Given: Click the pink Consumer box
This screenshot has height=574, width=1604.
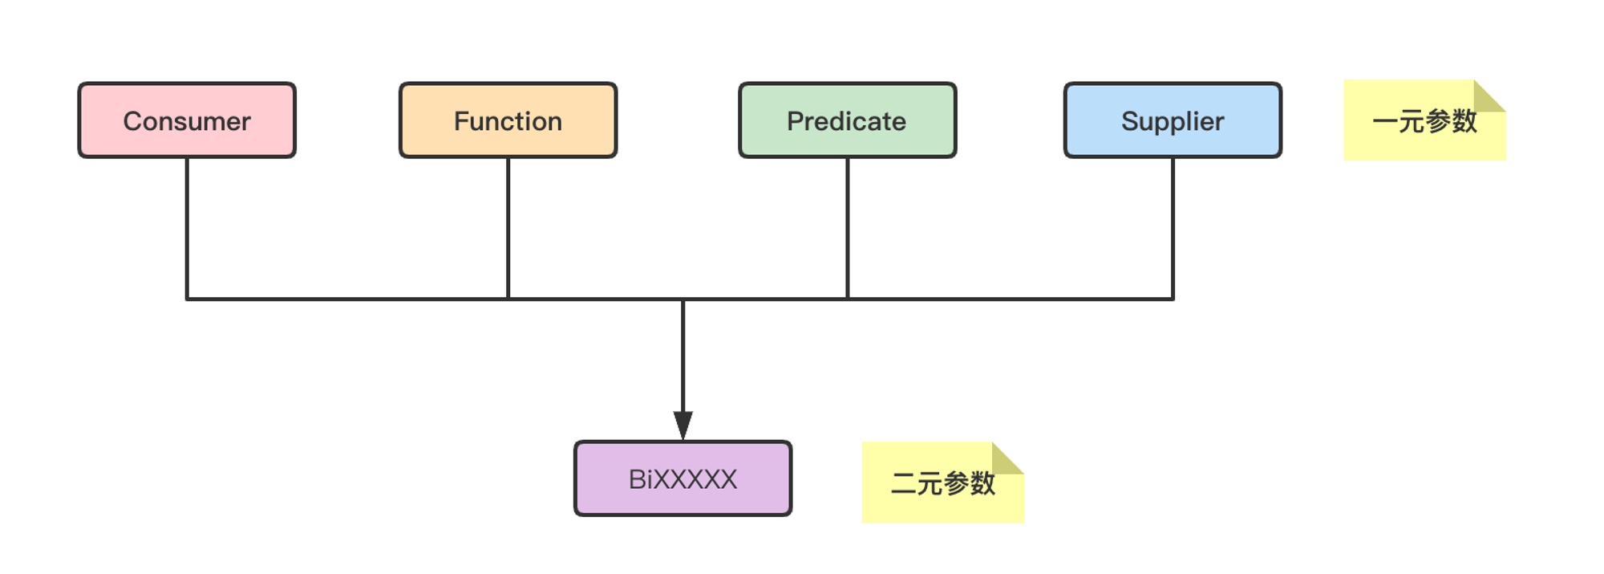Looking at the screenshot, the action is click(187, 120).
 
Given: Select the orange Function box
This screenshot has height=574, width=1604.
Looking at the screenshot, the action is click(508, 120).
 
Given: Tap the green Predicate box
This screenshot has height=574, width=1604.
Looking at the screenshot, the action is click(848, 120).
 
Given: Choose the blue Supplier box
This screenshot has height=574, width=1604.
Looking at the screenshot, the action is click(1173, 120).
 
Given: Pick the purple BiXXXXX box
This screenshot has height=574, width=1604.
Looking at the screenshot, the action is click(683, 478).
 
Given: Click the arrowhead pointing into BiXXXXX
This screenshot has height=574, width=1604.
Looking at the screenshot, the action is click(683, 425).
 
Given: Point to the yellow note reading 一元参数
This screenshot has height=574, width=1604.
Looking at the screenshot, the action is click(1424, 120).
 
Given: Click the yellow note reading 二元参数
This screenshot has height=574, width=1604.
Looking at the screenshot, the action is click(943, 482).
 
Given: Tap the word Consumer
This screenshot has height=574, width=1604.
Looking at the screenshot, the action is click(187, 121).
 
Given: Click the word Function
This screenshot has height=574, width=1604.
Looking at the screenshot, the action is click(508, 121).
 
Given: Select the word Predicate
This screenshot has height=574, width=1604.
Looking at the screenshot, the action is click(847, 121).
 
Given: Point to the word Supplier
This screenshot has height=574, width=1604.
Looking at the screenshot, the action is click(1173, 122).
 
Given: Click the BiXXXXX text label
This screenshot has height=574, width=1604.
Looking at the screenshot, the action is click(683, 479).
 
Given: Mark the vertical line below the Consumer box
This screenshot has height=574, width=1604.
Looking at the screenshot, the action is click(187, 229).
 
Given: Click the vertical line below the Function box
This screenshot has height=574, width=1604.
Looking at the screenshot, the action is click(508, 229).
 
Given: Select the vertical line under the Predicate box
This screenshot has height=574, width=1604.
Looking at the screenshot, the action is click(848, 229).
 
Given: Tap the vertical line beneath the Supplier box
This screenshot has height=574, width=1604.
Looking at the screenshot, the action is click(1173, 229).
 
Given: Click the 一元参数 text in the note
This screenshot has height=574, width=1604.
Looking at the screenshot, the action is click(1424, 121).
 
